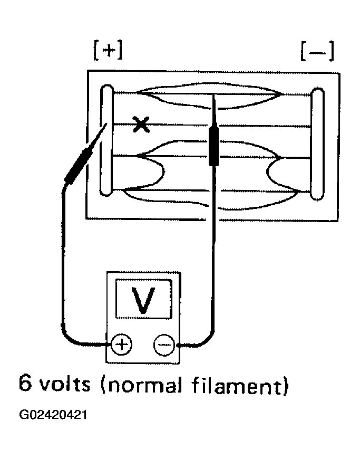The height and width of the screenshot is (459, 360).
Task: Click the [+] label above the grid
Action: tap(108, 50)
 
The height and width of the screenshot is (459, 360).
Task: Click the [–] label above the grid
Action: tap(317, 52)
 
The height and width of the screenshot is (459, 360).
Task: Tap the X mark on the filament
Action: tap(141, 125)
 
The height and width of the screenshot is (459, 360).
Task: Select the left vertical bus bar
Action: tap(107, 140)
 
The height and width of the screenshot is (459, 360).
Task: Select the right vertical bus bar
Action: tap(317, 144)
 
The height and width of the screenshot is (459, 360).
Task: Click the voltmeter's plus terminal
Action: tap(122, 344)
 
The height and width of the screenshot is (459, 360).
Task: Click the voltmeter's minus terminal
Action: tap(164, 345)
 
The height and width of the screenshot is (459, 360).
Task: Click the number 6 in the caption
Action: tap(25, 383)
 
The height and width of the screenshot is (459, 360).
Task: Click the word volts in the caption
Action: tap(65, 383)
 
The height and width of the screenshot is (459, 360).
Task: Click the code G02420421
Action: tap(53, 415)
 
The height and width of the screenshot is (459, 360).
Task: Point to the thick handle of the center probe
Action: tap(214, 144)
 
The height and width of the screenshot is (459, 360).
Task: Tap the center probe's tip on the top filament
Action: tap(214, 94)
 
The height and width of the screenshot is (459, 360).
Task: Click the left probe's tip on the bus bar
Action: tap(106, 125)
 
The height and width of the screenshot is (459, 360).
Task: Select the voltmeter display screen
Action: tap(143, 299)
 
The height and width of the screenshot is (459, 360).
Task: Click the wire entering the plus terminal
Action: tap(63, 263)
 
